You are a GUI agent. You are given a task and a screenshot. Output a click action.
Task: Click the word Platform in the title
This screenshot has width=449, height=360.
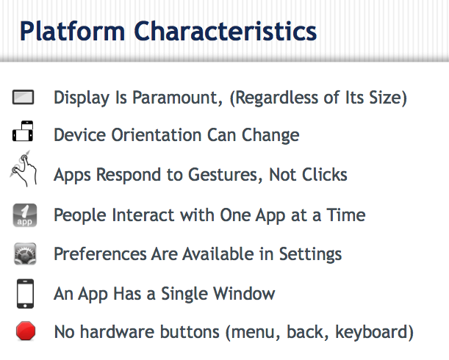[73, 31]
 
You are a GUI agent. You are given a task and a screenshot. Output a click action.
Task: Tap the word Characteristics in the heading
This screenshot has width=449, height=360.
[226, 31]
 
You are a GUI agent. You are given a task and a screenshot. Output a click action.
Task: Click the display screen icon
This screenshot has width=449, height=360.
[24, 98]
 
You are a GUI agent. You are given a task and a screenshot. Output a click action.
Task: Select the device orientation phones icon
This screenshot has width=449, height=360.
[23, 132]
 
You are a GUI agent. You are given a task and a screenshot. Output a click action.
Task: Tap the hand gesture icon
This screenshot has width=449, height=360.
[24, 169]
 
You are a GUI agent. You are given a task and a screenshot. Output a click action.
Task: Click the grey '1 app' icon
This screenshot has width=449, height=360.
[25, 215]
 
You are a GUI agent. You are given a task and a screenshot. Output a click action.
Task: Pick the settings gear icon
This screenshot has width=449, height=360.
[25, 254]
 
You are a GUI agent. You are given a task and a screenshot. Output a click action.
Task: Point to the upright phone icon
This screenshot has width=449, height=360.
[25, 294]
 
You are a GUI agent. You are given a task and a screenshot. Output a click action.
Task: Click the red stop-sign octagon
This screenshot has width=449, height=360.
[26, 331]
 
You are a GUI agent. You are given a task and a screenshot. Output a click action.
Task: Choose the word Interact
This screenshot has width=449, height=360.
[143, 215]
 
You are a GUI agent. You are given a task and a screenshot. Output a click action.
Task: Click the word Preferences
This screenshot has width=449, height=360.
[100, 254]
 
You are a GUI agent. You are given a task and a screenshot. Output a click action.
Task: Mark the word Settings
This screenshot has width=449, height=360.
[310, 255]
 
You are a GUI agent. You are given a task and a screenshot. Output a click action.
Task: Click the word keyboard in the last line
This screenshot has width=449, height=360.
[372, 333]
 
